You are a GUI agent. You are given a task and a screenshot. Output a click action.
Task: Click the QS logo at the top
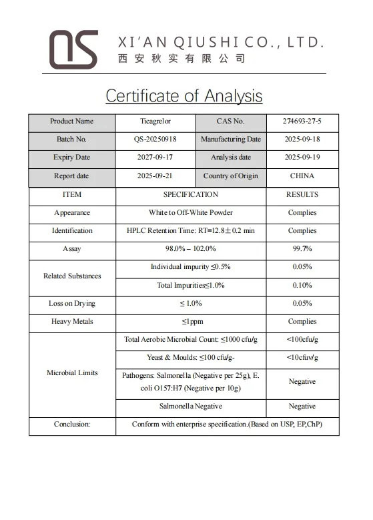pos(73,49)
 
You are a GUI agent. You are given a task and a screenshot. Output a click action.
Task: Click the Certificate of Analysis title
pos(184,95)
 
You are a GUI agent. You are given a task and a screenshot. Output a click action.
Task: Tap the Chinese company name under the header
pos(181,59)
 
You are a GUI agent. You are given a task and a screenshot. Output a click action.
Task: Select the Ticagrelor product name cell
pos(155,121)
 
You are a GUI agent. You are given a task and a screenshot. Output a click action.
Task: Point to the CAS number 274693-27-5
pos(302,121)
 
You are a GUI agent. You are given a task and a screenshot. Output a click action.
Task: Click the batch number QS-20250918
pos(155,140)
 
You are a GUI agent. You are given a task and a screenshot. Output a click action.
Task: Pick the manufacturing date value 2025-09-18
pos(302,140)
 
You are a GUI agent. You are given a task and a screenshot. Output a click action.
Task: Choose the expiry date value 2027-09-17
pos(155,158)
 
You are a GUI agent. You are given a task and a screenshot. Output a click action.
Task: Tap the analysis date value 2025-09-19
pos(302,158)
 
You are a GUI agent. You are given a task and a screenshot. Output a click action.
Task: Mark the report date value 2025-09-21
pos(155,176)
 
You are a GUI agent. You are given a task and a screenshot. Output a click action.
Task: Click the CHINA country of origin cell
pos(302,176)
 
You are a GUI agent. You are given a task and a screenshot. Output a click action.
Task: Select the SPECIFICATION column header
pos(191,195)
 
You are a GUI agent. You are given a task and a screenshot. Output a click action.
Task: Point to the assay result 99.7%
pos(302,249)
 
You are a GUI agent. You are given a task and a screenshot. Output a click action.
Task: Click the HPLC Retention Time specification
pos(191,231)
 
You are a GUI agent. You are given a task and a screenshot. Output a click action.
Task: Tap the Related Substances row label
pos(72,276)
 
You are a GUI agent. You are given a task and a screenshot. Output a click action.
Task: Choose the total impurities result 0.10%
pos(302,286)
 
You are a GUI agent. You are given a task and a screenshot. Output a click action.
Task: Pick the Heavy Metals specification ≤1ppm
pos(191,322)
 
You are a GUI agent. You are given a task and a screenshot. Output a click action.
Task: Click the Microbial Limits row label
pos(72,372)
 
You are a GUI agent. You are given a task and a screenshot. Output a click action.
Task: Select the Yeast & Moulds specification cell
pos(191,358)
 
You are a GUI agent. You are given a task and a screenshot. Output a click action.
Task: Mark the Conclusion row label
pos(72,425)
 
